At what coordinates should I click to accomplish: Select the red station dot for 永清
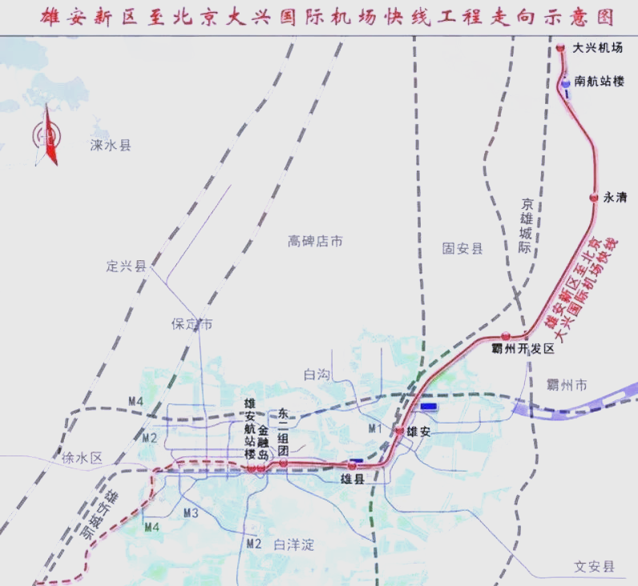[594, 197]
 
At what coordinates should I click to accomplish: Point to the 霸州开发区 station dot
[506, 336]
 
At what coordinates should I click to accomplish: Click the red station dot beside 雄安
[399, 431]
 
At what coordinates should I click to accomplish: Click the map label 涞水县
[111, 145]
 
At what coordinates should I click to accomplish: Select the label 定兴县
[127, 266]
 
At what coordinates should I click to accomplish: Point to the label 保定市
[192, 324]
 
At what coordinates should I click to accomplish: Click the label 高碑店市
[316, 240]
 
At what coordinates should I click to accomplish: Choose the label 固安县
[462, 249]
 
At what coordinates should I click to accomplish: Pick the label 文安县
[594, 567]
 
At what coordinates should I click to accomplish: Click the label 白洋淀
[293, 545]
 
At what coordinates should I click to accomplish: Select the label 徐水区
[83, 459]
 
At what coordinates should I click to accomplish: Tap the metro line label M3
[191, 512]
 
